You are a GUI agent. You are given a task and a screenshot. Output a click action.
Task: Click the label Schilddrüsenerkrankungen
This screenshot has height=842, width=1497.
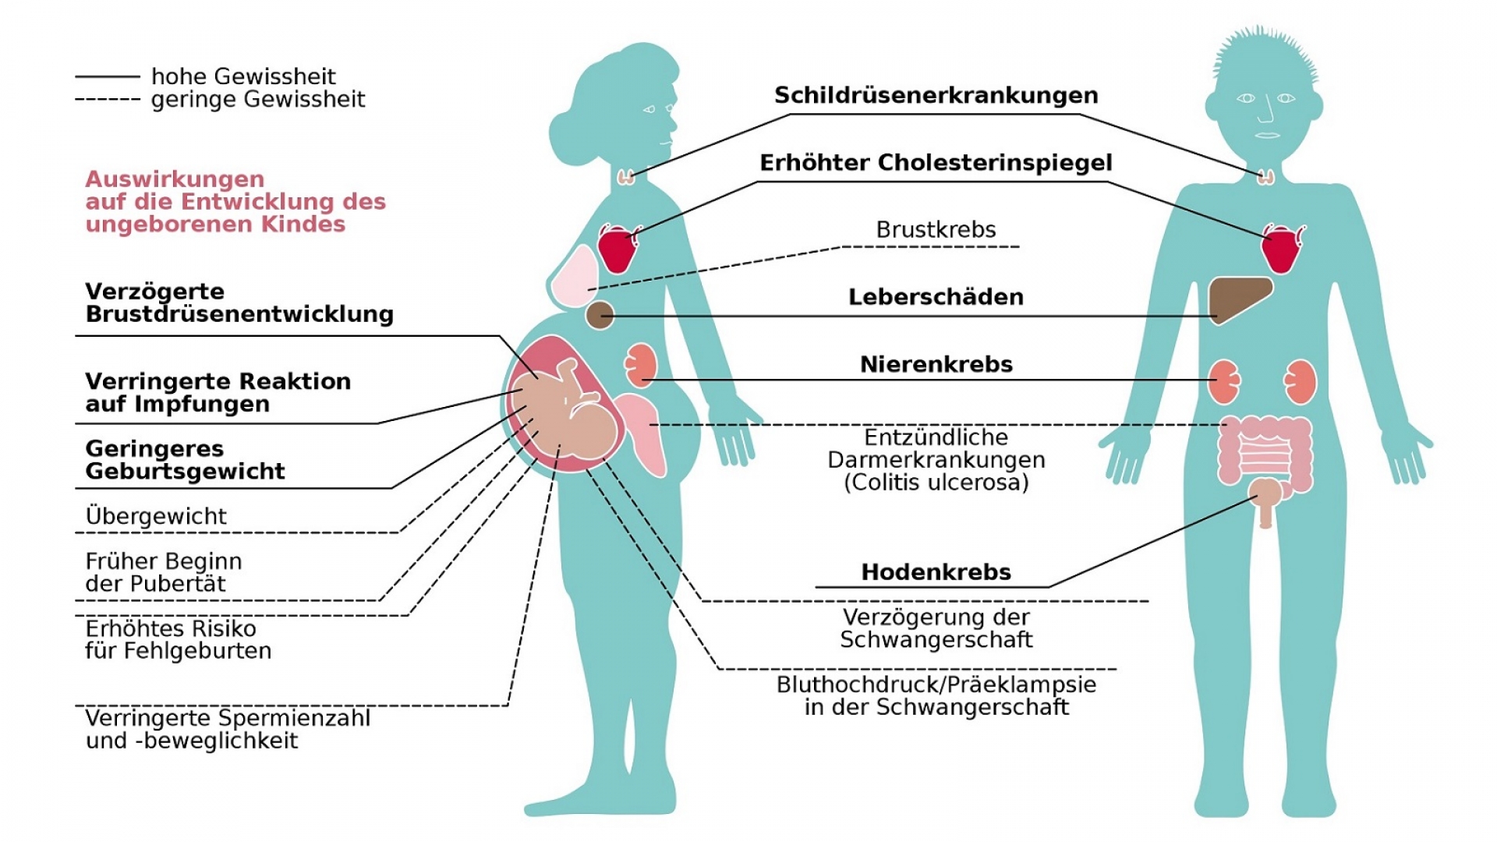pyautogui.click(x=936, y=95)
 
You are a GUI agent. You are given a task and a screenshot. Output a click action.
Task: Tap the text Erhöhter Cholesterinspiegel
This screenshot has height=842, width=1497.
pyautogui.click(x=936, y=163)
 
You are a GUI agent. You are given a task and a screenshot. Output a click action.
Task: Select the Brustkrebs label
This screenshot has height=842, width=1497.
pyautogui.click(x=936, y=230)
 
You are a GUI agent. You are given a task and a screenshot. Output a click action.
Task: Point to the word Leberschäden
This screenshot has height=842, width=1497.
pyautogui.click(x=936, y=297)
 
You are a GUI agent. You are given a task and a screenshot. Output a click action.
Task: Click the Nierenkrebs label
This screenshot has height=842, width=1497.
pyautogui.click(x=936, y=364)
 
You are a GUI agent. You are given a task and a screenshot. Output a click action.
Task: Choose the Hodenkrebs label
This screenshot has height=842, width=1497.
pyautogui.click(x=936, y=572)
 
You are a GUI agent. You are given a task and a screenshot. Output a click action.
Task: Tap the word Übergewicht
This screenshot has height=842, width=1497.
pyautogui.click(x=156, y=516)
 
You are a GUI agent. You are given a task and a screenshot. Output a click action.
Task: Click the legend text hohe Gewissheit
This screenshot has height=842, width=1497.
pyautogui.click(x=243, y=76)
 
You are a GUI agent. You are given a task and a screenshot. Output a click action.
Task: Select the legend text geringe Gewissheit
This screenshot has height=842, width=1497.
pyautogui.click(x=258, y=100)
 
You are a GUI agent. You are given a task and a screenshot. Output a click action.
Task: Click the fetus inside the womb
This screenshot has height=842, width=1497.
pyautogui.click(x=565, y=413)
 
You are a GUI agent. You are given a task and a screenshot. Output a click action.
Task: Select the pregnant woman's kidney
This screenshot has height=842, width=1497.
pyautogui.click(x=641, y=366)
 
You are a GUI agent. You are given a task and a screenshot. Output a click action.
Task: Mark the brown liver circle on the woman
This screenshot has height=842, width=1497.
pyautogui.click(x=600, y=316)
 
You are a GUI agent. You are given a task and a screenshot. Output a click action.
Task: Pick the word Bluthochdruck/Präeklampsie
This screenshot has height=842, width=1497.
pyautogui.click(x=936, y=685)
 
